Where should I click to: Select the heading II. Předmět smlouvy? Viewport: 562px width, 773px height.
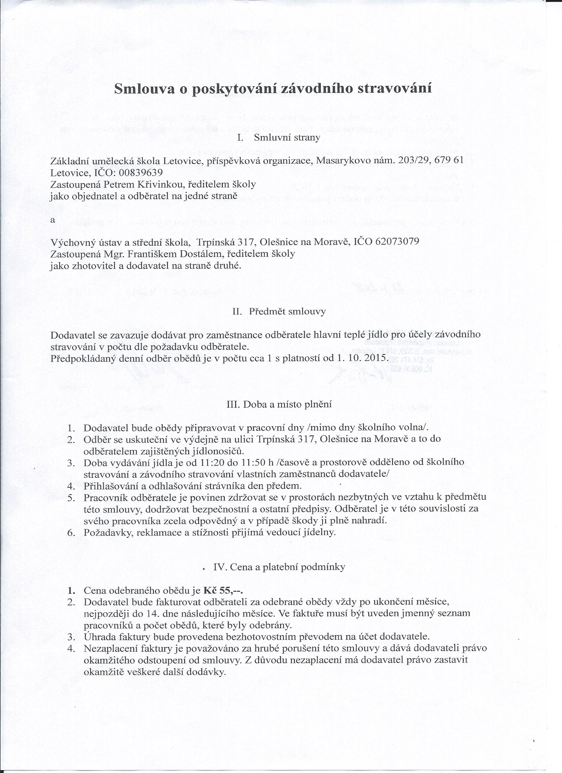click(279, 311)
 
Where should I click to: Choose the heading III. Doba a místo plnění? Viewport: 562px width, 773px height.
click(279, 405)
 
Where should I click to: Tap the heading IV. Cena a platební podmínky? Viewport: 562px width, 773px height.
click(279, 567)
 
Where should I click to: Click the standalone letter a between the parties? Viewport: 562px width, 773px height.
click(53, 220)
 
